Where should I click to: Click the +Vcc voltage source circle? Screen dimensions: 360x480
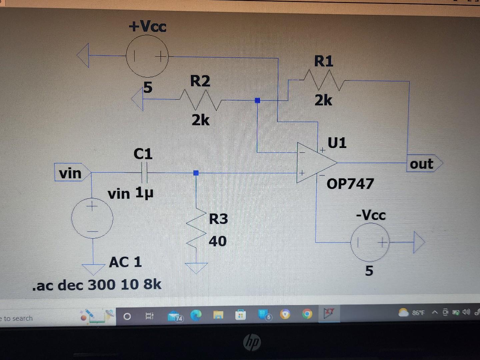(147, 56)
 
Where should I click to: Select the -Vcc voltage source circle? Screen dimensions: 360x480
(370, 242)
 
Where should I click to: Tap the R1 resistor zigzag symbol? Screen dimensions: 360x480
(324, 80)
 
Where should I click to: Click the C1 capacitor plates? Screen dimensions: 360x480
(144, 172)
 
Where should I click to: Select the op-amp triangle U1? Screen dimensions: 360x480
(315, 163)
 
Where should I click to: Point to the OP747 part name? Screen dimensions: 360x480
(350, 184)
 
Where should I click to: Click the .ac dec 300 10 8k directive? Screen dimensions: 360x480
(97, 285)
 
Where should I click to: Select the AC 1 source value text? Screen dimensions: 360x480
(125, 262)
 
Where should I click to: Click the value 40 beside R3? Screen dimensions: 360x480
(218, 241)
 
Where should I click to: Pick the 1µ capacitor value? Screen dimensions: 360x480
(144, 192)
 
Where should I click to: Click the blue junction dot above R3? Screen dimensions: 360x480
(196, 173)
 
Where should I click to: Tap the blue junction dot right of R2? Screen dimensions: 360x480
(257, 100)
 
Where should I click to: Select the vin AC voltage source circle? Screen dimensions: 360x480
(92, 218)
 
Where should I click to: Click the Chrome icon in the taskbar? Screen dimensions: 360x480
(307, 314)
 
